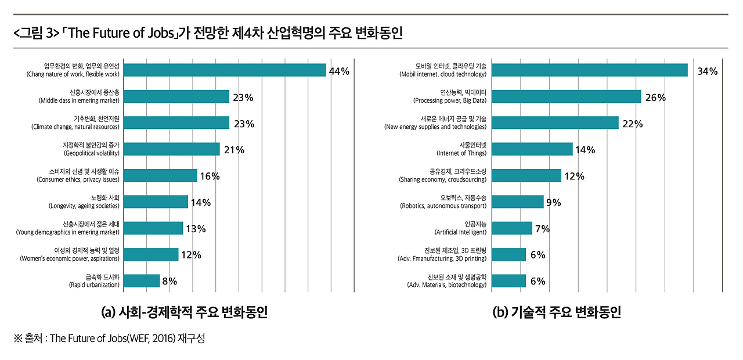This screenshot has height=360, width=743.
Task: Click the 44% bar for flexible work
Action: click(x=225, y=70)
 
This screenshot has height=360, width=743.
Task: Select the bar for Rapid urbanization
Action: click(x=142, y=281)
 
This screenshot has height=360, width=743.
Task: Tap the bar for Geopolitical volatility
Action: click(x=172, y=149)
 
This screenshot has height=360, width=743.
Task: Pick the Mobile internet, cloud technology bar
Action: click(x=589, y=70)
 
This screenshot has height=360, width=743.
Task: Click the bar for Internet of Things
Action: click(x=532, y=149)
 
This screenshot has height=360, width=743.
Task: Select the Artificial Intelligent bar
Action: click(x=511, y=228)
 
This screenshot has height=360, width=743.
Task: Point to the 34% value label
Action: click(x=708, y=71)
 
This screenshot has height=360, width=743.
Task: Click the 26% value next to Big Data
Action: click(x=655, y=98)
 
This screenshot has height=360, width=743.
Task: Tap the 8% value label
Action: click(x=169, y=282)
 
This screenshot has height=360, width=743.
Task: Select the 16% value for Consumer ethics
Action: click(x=210, y=177)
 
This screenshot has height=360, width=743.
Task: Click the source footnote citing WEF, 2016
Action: click(x=110, y=339)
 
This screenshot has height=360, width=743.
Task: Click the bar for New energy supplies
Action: click(x=555, y=123)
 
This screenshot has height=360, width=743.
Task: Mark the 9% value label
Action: click(x=553, y=203)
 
